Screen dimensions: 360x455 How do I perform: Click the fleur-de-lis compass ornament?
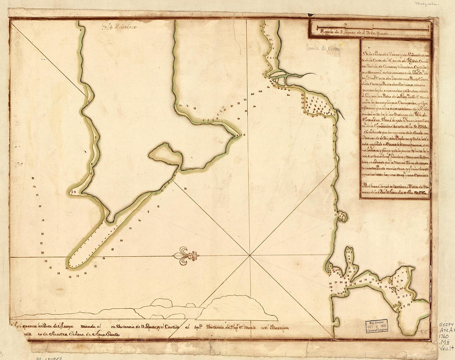pyautogui.click(x=186, y=256)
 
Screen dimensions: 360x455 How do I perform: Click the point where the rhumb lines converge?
pyautogui.click(x=250, y=255)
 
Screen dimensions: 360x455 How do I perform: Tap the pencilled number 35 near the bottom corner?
pyautogui.click(x=423, y=332)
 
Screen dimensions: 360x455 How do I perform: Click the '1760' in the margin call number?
pyautogui.click(x=445, y=337)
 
